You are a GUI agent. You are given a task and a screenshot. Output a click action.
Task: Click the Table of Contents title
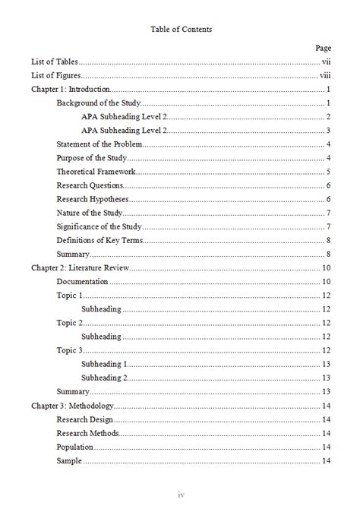pyautogui.click(x=180, y=30)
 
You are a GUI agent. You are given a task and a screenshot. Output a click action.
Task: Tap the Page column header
pyautogui.click(x=323, y=48)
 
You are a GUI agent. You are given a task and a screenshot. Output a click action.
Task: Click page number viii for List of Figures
pyautogui.click(x=325, y=76)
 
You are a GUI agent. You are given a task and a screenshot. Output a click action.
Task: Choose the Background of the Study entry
pyautogui.click(x=99, y=103)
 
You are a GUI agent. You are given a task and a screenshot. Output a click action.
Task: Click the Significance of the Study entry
pyautogui.click(x=99, y=226)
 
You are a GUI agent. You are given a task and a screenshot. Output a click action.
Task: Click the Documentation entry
pyautogui.click(x=82, y=281)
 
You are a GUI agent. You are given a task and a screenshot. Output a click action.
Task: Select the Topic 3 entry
pyautogui.click(x=69, y=349)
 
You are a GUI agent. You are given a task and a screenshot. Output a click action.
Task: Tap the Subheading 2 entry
pyautogui.click(x=104, y=377)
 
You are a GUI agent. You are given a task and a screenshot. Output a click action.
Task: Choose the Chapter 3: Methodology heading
pyautogui.click(x=72, y=405)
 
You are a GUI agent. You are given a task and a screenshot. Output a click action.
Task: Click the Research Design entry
pyautogui.click(x=85, y=419)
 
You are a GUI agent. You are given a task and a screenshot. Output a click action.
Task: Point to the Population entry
pyautogui.click(x=75, y=447)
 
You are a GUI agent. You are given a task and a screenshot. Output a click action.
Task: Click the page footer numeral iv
pyautogui.click(x=180, y=495)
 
